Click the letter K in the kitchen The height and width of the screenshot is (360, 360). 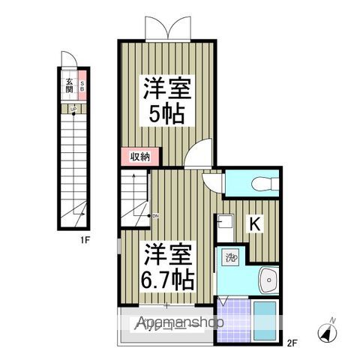click(x=254, y=223)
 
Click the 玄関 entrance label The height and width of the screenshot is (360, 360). click(x=69, y=84)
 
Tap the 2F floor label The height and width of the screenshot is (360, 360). click(x=292, y=344)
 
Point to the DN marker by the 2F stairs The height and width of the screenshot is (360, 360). click(x=154, y=217)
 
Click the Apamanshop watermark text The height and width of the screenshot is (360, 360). click(x=181, y=324)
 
